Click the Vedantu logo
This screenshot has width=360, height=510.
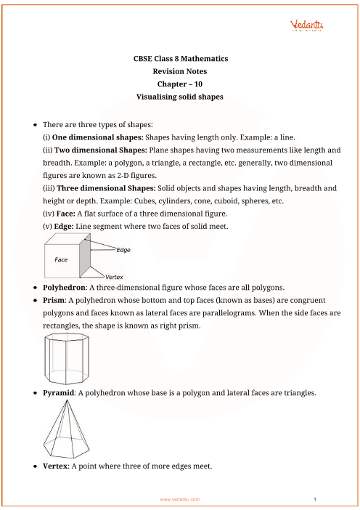tap(306, 25)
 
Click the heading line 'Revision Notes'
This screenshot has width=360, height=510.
tap(180, 71)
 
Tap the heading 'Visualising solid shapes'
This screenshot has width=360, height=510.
tap(180, 97)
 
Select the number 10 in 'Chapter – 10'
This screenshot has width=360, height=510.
tap(198, 84)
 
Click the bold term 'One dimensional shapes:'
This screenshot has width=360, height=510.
tap(97, 137)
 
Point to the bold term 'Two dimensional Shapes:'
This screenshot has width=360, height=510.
tap(101, 150)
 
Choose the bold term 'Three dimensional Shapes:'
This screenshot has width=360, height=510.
tap(106, 188)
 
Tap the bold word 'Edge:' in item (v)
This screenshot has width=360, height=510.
tap(64, 227)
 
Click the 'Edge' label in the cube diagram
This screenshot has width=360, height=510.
tap(123, 250)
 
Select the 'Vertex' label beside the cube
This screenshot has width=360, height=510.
tap(114, 277)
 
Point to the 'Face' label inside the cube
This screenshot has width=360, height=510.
tap(61, 259)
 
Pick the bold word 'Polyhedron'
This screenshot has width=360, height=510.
tap(64, 288)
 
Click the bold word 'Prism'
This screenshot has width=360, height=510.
tap(54, 300)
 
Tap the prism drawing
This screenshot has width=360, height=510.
tap(67, 358)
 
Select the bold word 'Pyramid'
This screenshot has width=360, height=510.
tap(59, 393)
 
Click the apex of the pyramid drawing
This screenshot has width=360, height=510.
tap(67, 400)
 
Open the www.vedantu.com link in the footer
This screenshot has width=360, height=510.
tap(180, 499)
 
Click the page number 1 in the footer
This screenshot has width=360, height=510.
tap(315, 499)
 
